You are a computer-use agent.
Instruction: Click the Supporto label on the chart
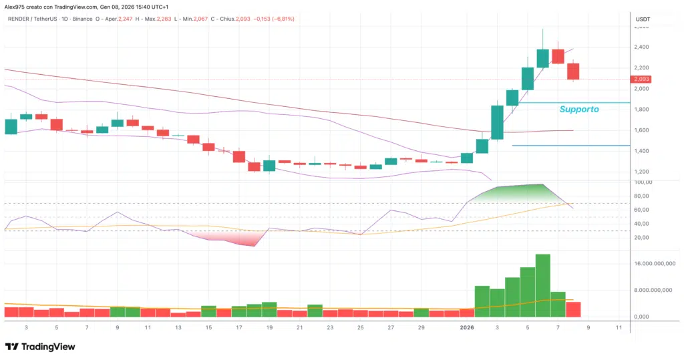point(578,109)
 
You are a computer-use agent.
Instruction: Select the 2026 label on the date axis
point(466,327)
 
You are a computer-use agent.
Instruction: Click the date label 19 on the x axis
point(269,327)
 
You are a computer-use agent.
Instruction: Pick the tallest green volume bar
point(542,285)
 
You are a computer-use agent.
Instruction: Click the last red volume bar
point(573,309)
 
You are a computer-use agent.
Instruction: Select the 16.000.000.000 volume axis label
point(651,264)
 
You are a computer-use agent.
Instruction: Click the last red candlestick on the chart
point(573,71)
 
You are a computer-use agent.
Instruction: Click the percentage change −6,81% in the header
point(283,19)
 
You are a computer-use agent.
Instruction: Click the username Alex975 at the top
point(17,6)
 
